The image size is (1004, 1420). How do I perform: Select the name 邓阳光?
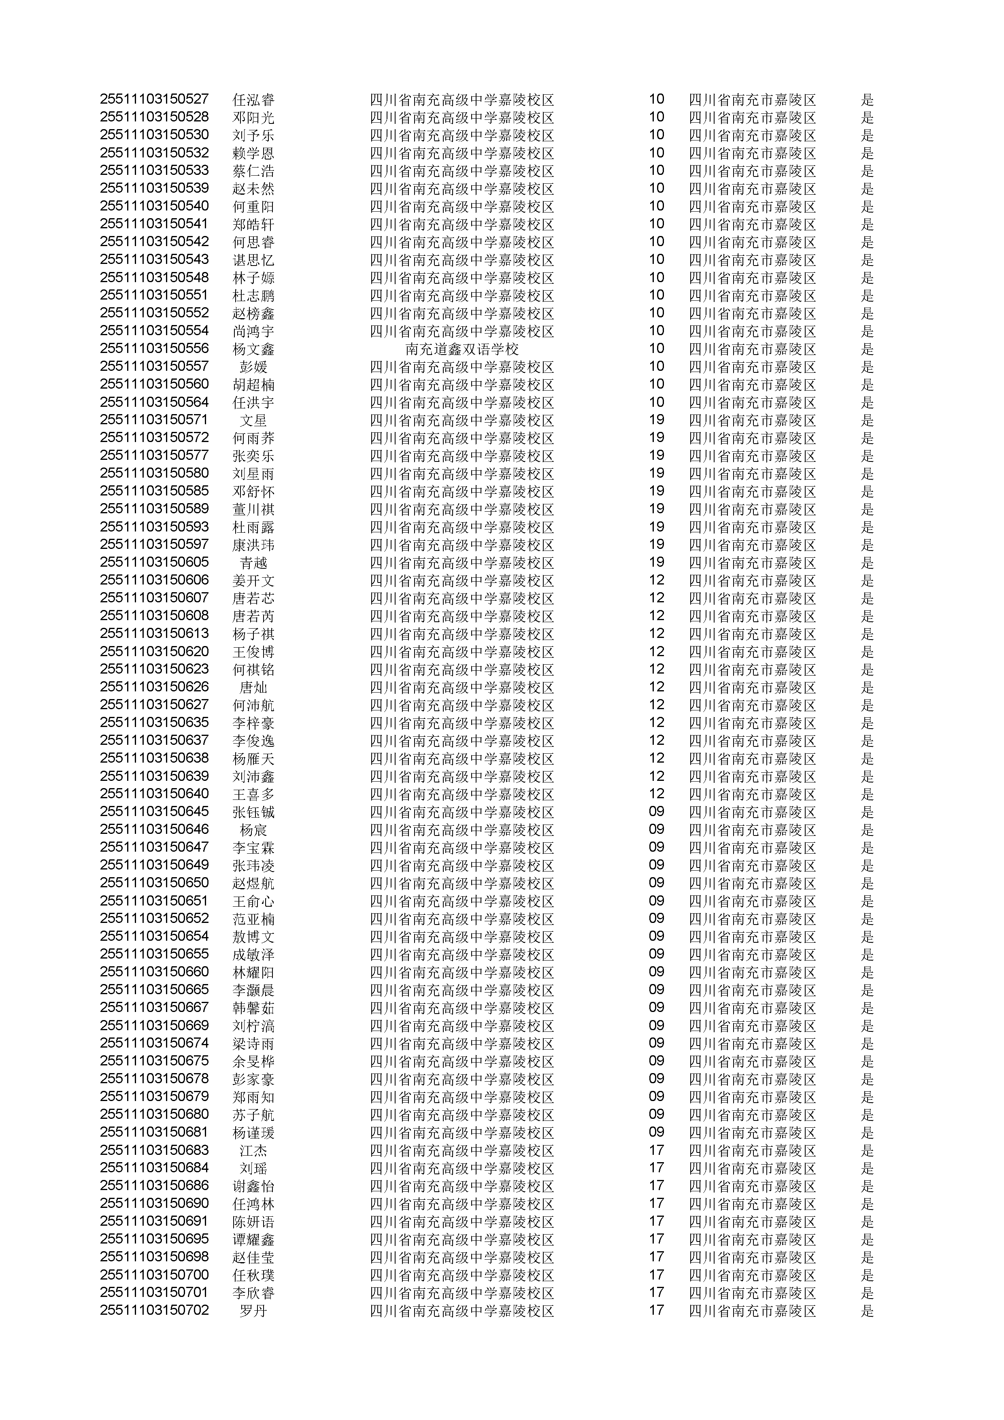click(x=253, y=117)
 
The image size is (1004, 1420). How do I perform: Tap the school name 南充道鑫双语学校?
click(x=462, y=349)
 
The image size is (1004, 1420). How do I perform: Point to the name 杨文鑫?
click(x=253, y=349)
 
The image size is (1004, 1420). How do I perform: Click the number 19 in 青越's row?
click(x=656, y=562)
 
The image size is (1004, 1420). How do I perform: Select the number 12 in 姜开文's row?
click(x=656, y=580)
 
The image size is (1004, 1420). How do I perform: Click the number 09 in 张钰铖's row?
click(x=656, y=812)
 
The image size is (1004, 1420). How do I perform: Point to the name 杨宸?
click(x=253, y=830)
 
